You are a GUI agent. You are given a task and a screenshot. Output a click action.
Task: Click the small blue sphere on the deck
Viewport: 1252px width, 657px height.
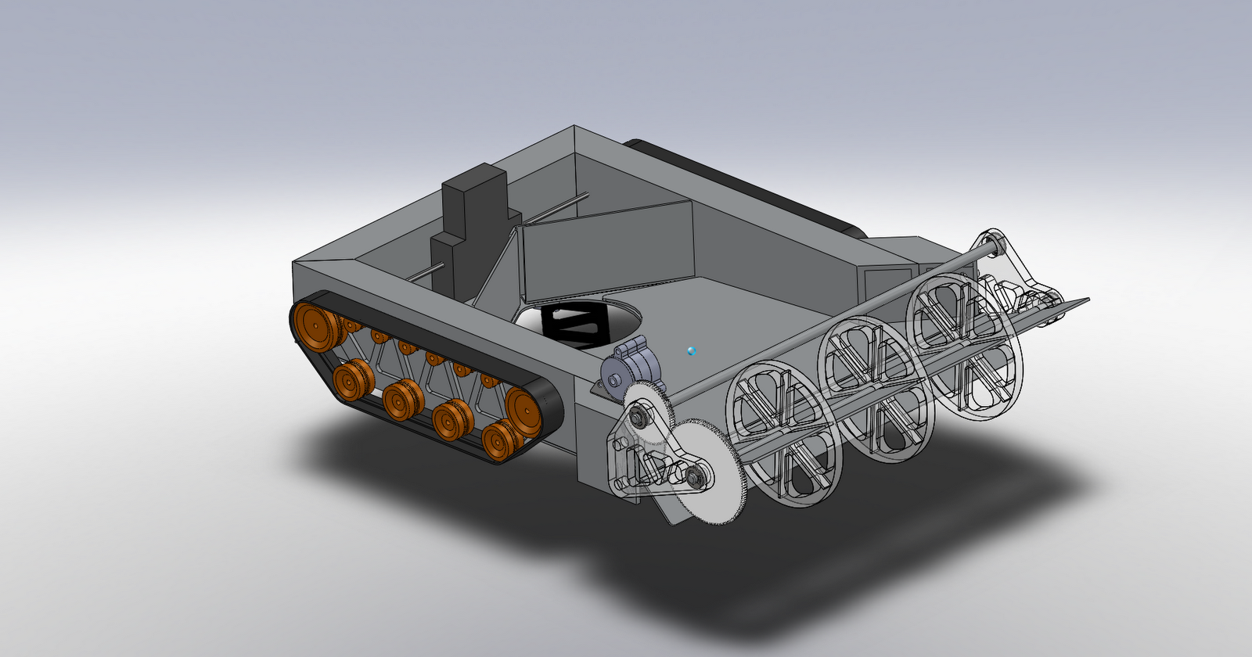pyautogui.click(x=691, y=351)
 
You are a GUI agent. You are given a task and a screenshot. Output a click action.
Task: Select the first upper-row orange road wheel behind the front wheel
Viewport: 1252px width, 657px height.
pyautogui.click(x=490, y=381)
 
